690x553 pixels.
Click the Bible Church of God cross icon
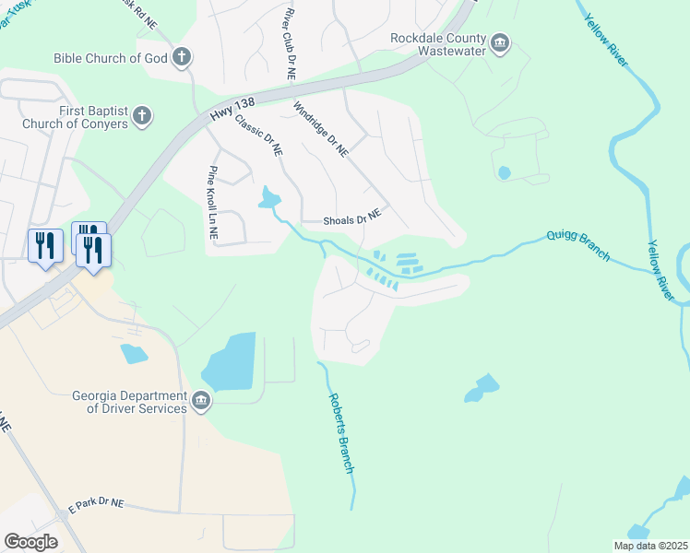(x=182, y=57)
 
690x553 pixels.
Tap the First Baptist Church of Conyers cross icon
(x=141, y=116)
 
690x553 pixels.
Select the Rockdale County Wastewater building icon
(x=501, y=42)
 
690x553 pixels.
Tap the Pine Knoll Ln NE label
(x=213, y=203)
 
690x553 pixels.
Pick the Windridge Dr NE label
(x=321, y=130)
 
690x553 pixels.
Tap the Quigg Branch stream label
(x=577, y=245)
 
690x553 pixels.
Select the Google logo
(x=30, y=542)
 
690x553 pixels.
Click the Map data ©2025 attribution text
(x=650, y=546)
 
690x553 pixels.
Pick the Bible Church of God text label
(x=111, y=57)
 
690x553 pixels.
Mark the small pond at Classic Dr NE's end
(x=270, y=196)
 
